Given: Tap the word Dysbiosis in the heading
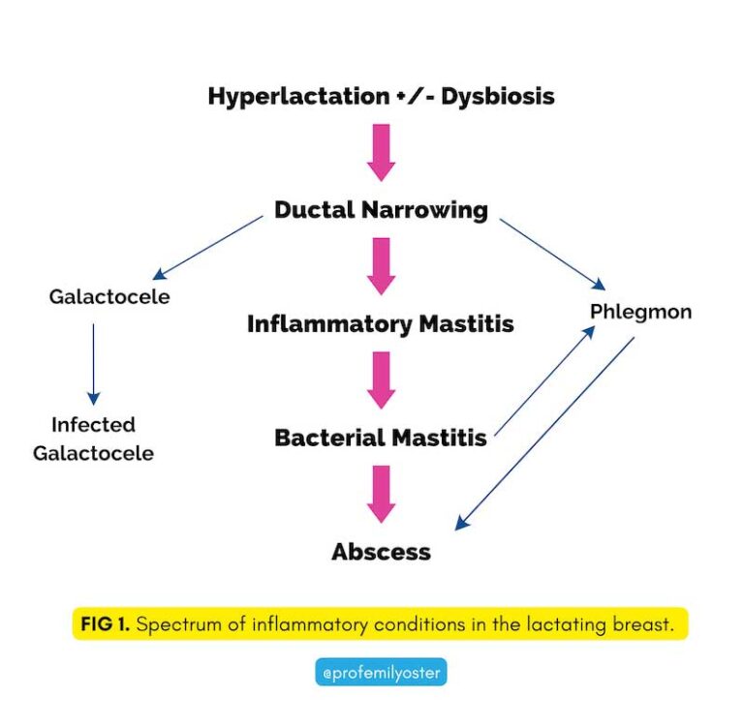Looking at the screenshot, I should coord(498,97).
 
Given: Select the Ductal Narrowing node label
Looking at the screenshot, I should coord(381,210).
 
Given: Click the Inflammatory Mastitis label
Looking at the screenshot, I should coord(380,323).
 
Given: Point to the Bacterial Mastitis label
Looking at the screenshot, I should coord(381,438).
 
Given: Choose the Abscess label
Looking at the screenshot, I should coord(381,552).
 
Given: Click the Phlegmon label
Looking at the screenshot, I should coord(640,313).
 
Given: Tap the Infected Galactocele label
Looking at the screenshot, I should coord(93,439).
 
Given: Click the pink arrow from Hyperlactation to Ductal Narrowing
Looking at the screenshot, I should coord(382,152).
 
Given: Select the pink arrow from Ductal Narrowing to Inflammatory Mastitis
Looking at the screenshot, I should coord(382,266).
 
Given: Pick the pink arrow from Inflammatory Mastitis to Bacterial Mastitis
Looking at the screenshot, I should coord(382,379).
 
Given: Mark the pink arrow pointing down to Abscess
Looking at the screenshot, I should coord(382,494).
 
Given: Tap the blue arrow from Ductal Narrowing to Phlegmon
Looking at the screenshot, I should coord(552,254).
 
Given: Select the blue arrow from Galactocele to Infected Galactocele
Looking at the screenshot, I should coord(93,363).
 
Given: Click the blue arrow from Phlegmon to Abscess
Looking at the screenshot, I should coord(544,434).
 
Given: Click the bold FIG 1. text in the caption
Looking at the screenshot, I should coord(103,624).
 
